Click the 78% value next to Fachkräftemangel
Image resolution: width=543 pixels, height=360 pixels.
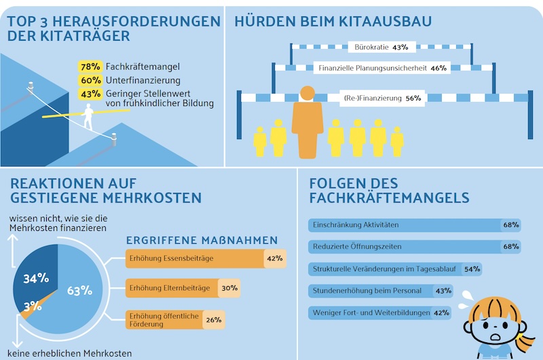coord(90,67)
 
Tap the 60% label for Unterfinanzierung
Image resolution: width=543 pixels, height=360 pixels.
coord(90,80)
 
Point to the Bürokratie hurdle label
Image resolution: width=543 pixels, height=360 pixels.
coord(371,47)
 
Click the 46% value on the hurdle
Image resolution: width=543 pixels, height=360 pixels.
coord(438,68)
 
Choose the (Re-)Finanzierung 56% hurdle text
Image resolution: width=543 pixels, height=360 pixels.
coord(383,98)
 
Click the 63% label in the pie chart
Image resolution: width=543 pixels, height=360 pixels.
coord(79,291)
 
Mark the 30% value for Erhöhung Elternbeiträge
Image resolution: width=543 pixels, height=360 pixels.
coord(229,288)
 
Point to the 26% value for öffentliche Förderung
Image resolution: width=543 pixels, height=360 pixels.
coord(213,319)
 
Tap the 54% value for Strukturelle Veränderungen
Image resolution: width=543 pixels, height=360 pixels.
coord(471,268)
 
